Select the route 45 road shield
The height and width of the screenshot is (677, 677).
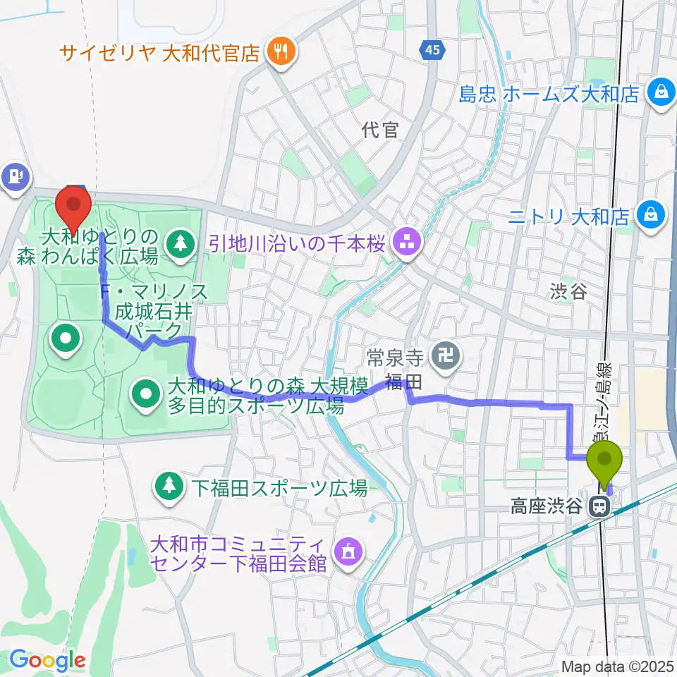tap(433, 50)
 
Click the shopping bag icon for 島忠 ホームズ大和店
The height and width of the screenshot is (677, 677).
tap(662, 93)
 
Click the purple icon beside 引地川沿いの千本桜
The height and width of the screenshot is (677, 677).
tap(407, 244)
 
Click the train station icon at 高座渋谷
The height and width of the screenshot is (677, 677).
tap(600, 506)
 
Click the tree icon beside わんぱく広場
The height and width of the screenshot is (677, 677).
tap(182, 244)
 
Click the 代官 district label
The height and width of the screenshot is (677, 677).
tap(379, 130)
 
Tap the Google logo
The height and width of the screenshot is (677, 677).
tap(48, 660)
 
